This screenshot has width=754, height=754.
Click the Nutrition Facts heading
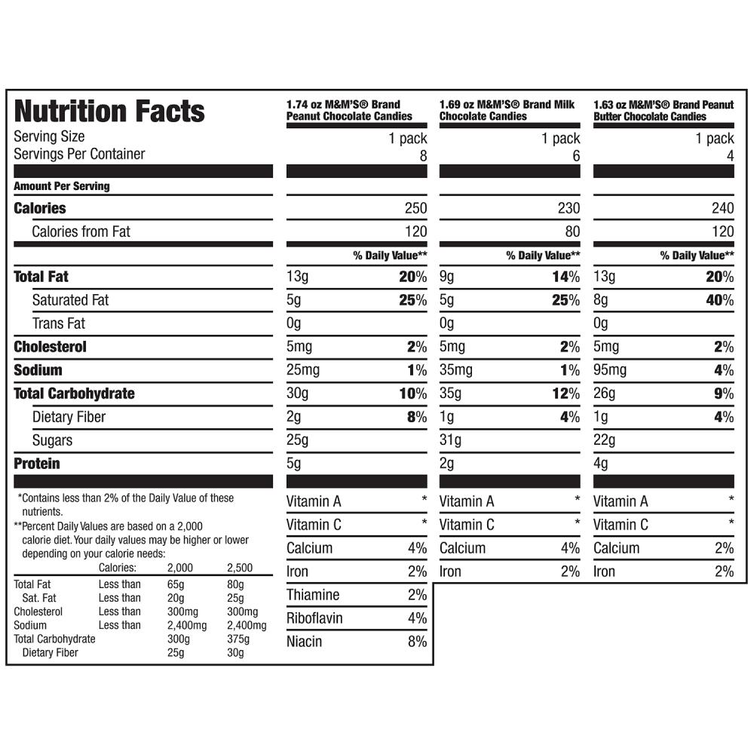[109, 111]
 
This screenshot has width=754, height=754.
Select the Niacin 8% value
[416, 642]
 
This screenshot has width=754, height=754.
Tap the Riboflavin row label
[314, 618]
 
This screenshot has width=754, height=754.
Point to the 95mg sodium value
[610, 370]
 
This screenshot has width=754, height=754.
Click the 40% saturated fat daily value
[719, 300]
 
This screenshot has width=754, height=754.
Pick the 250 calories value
[415, 208]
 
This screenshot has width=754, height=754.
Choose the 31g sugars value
[450, 440]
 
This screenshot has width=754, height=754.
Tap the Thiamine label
[313, 595]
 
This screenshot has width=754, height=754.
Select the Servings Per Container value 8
[423, 155]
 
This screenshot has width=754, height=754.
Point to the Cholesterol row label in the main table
[50, 347]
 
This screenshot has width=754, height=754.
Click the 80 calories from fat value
[572, 231]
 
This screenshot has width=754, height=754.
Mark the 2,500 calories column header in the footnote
[240, 568]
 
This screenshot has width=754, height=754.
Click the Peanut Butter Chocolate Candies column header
[663, 110]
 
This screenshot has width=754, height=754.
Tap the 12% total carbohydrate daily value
[565, 394]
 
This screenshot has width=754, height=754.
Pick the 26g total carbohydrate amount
[604, 394]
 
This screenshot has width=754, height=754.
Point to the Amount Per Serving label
[61, 186]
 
